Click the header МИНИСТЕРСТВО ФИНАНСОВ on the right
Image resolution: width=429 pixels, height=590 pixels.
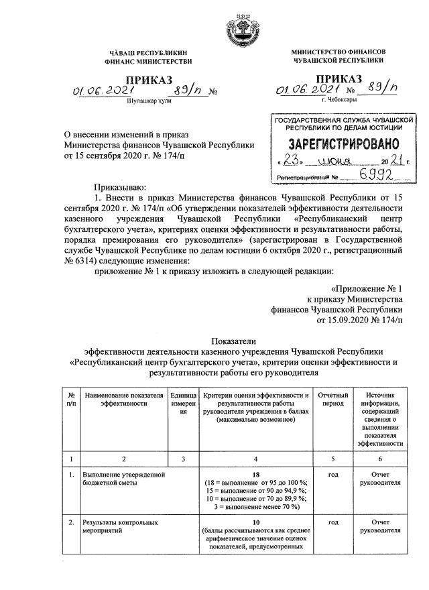click(x=338, y=52)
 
